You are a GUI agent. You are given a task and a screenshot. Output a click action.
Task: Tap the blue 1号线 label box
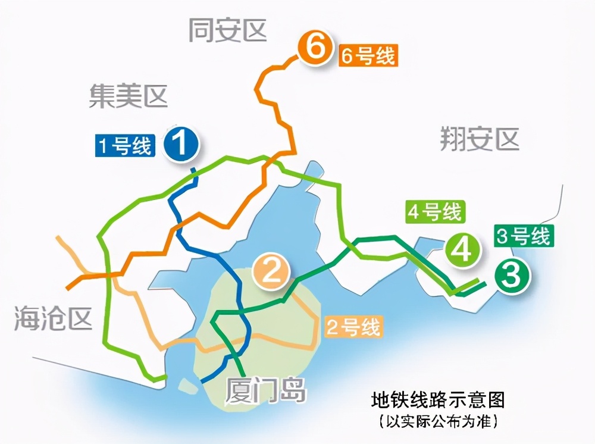click(x=125, y=146)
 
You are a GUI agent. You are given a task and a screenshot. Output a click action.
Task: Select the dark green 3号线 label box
click(x=523, y=236)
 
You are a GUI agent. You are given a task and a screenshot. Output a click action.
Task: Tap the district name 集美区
click(x=129, y=96)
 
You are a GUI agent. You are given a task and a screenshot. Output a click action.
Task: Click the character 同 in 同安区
click(x=201, y=30)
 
